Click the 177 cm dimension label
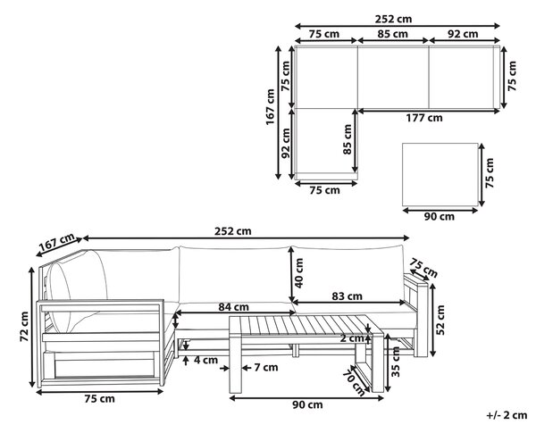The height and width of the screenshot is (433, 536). click(424, 118)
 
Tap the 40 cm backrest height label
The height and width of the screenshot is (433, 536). click(299, 273)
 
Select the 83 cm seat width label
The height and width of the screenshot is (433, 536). click(347, 296)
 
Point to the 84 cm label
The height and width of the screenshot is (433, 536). click(234, 307)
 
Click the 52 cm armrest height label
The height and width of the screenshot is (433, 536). click(440, 320)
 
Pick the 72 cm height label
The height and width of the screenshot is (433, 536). click(24, 327)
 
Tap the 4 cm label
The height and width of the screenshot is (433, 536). click(205, 360)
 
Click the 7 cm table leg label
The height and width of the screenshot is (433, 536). click(266, 368)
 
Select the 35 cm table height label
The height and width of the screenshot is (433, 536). click(396, 362)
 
